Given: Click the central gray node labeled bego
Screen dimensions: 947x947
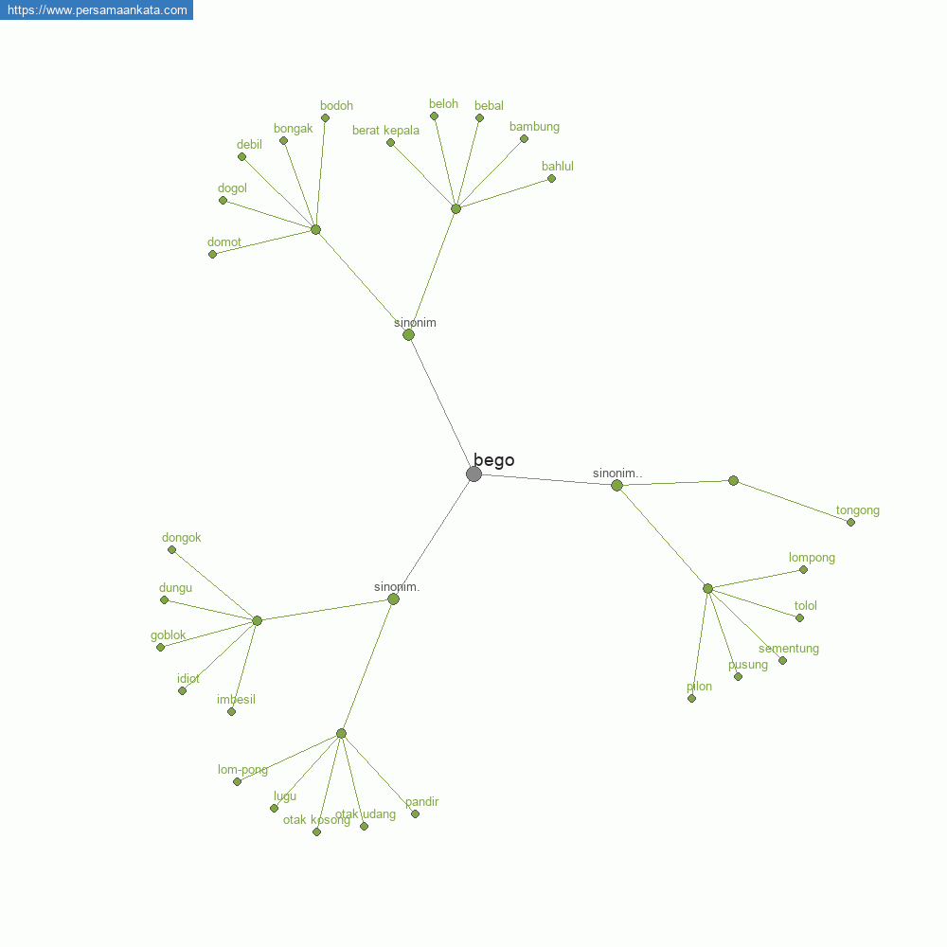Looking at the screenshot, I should (x=473, y=473).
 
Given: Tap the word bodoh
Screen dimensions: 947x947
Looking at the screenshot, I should (x=336, y=106).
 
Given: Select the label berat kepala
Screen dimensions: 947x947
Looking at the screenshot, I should (x=385, y=131).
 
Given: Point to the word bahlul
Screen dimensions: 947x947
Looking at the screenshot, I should (x=558, y=167).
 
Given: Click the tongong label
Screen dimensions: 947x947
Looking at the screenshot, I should (x=857, y=510).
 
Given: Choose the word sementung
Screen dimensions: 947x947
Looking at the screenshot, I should (x=788, y=649).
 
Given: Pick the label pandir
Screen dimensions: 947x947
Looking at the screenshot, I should (x=421, y=802).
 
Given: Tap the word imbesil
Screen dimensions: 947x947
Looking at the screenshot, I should (x=236, y=700).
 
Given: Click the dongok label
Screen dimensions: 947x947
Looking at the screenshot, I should (x=181, y=538).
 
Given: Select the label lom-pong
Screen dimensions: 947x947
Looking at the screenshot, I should (x=242, y=770).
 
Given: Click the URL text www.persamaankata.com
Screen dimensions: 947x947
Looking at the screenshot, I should (x=97, y=10).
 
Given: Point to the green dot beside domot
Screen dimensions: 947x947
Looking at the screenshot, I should (x=212, y=254).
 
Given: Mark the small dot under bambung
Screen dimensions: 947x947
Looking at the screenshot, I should (x=524, y=139).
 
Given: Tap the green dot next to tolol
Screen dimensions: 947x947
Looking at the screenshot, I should (x=799, y=617).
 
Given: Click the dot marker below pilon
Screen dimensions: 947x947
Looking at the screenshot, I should (x=691, y=698).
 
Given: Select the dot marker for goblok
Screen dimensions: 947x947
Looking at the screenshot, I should (x=160, y=647).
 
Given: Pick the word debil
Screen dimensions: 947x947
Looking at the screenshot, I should (x=249, y=145).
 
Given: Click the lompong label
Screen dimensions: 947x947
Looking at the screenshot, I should (x=812, y=558).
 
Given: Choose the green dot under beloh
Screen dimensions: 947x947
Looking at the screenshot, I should (x=434, y=116).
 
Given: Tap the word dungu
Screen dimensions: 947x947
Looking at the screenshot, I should (x=175, y=588).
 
